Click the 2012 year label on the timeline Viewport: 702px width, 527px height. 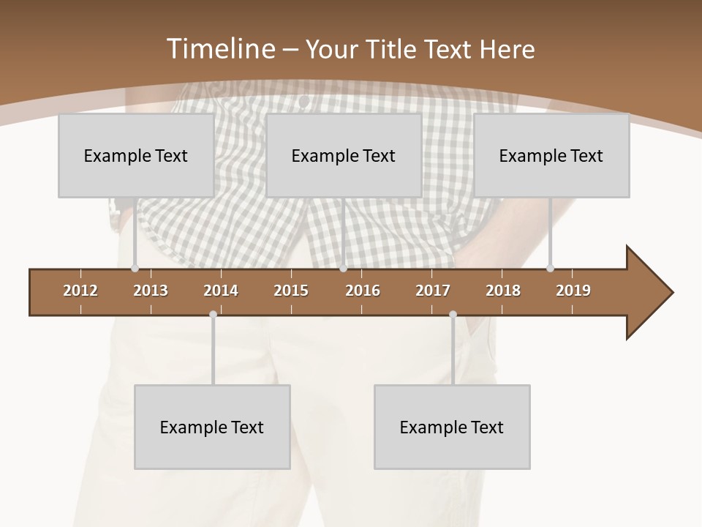coord(80,291)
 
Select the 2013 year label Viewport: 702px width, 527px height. coord(151,291)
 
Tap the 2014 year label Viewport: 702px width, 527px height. coord(221,291)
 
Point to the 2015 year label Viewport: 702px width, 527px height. coord(291,291)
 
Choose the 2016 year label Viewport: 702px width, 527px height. coord(363,291)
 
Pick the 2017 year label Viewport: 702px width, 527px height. coord(433,291)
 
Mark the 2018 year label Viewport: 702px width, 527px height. coord(503,291)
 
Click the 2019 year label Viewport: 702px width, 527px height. coord(573,291)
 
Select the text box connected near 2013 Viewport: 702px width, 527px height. coord(136,155)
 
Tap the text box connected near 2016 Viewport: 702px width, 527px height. coord(344,155)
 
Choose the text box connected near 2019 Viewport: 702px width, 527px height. coord(551,155)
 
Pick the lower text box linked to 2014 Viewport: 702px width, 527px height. coord(212,427)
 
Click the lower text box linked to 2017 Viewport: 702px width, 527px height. coord(452,427)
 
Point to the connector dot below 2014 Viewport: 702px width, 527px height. coord(213,315)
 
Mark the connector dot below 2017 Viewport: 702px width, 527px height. coord(453,315)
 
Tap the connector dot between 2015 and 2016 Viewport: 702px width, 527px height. coord(344,269)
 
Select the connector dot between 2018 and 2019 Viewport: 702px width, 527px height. coord(550,268)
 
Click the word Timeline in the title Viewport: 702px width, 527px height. coord(220,48)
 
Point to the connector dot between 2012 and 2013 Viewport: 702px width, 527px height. coord(135,269)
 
